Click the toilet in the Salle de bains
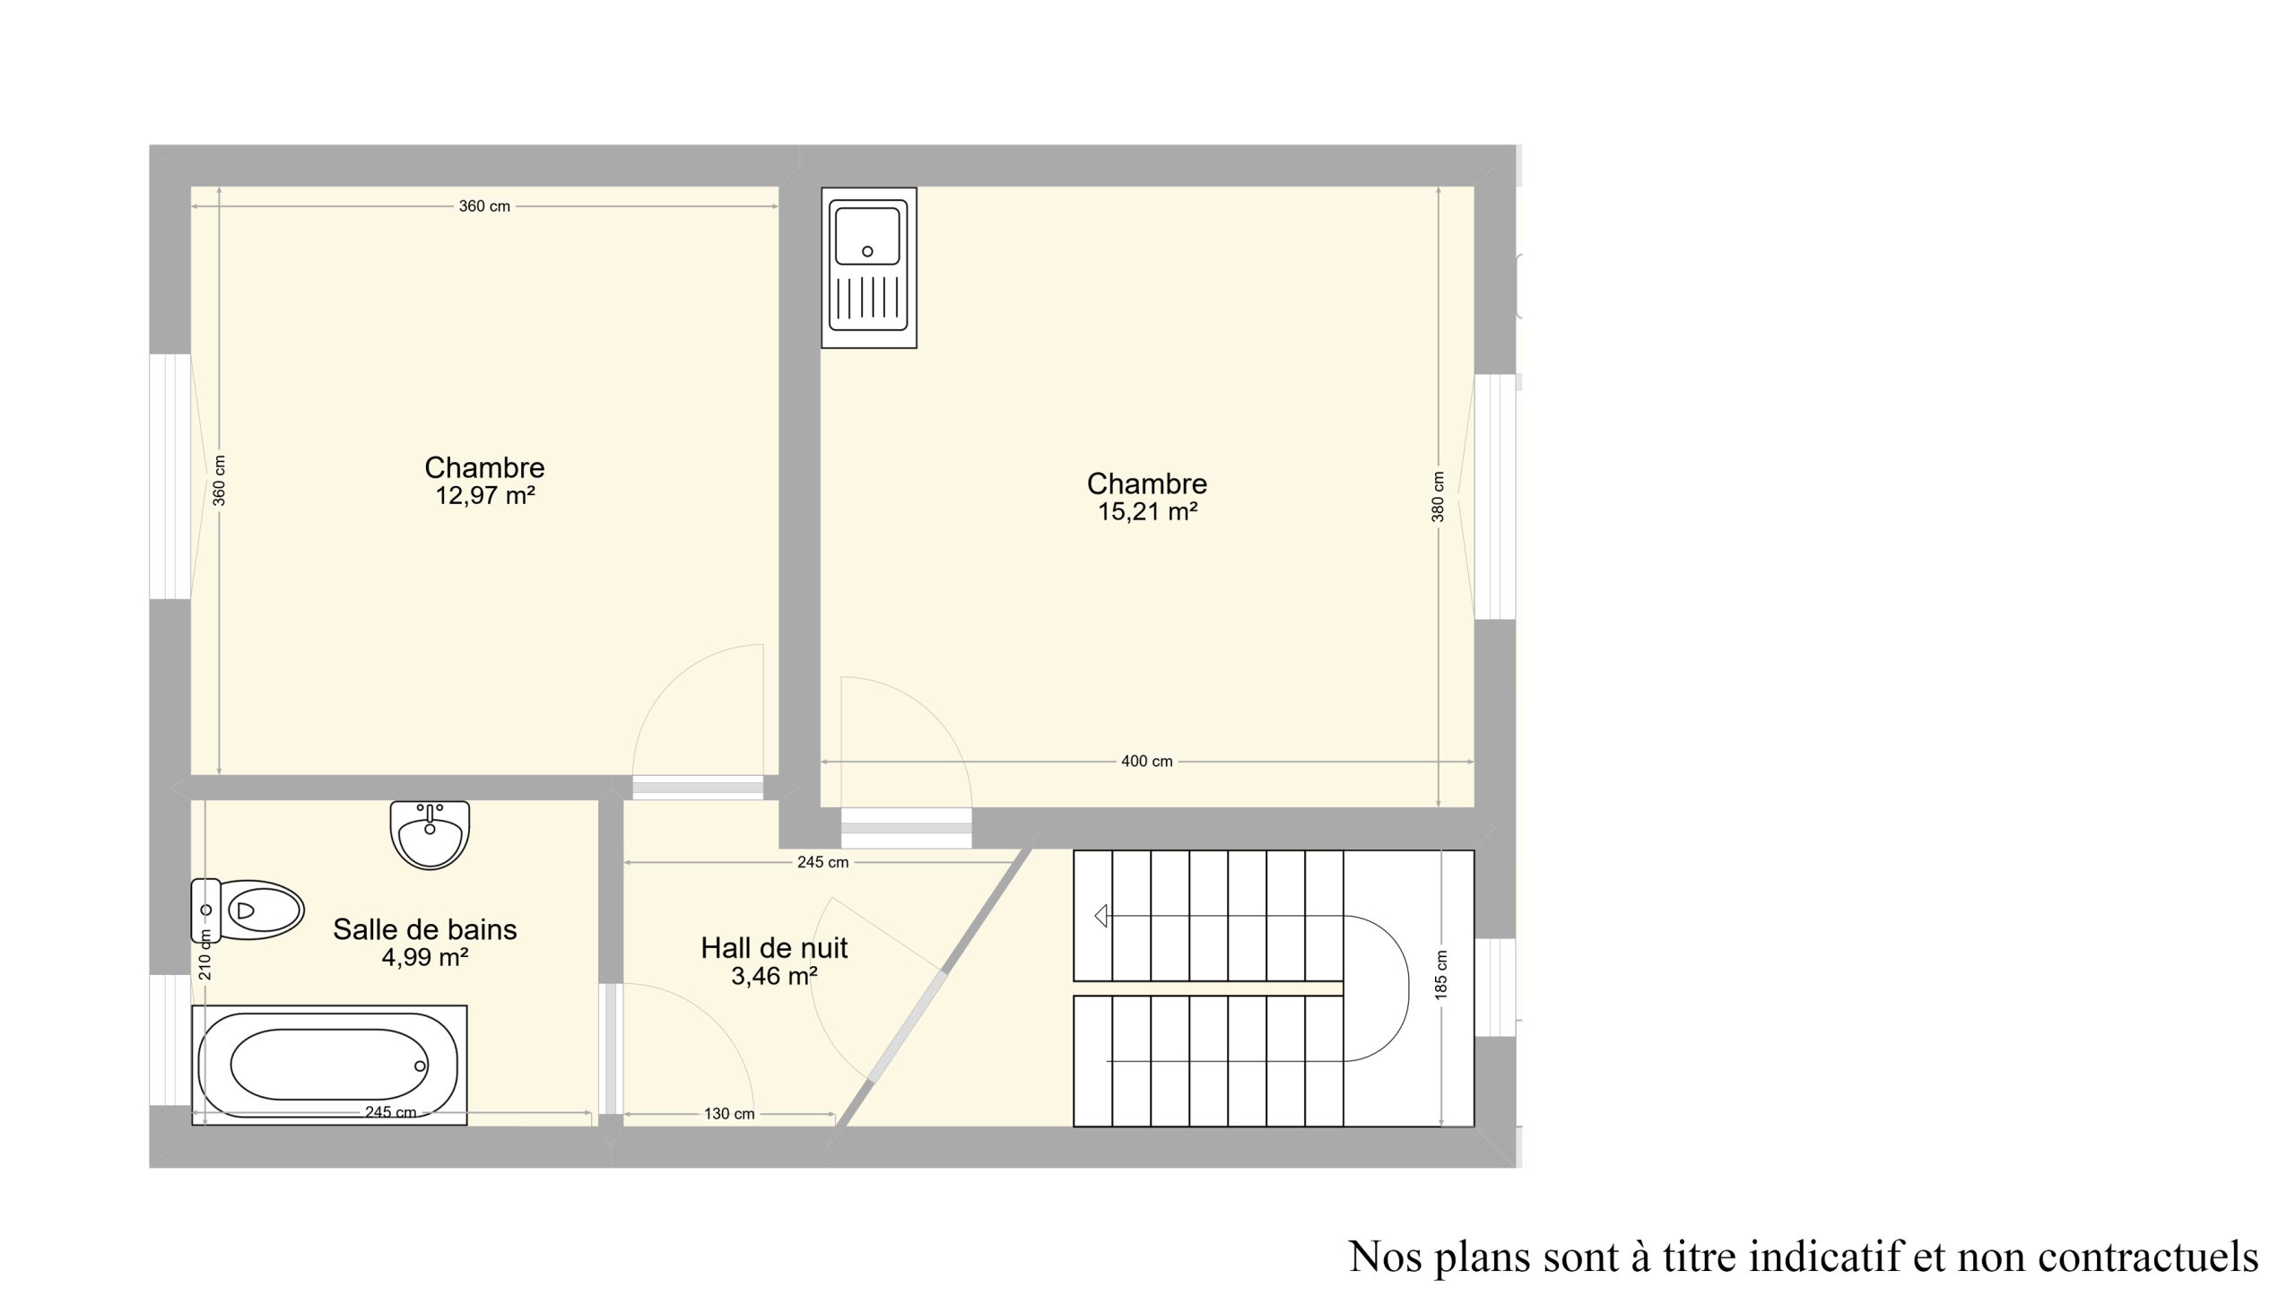click(247, 910)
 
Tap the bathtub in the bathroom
click(329, 1065)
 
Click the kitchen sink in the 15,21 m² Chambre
click(868, 267)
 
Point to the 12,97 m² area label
click(486, 496)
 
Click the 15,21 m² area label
click(1147, 512)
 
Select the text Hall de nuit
click(774, 947)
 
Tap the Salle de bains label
click(424, 928)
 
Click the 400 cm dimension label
click(1146, 762)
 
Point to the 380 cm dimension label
click(1439, 497)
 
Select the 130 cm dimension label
click(729, 1113)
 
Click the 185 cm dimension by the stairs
click(1441, 974)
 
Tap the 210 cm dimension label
click(205, 954)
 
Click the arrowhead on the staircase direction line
click(1100, 916)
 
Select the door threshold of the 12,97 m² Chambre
click(698, 788)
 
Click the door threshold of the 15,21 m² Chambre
click(907, 828)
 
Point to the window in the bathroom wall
click(170, 1040)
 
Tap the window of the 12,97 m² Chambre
click(170, 476)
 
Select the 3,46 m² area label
click(774, 976)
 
